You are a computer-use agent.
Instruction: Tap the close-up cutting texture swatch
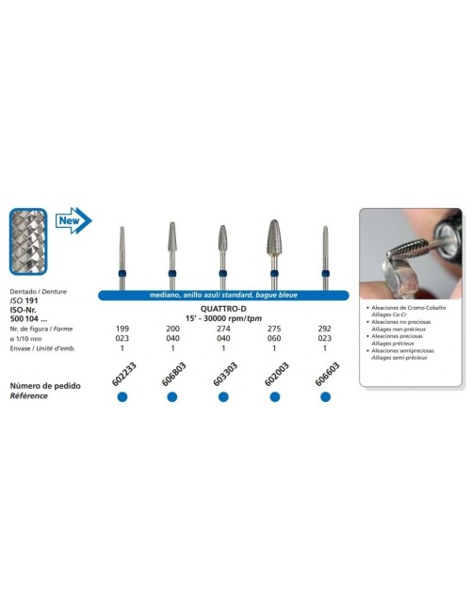(28, 244)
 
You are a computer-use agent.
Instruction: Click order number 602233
(120, 374)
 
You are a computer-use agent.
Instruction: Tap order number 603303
(222, 374)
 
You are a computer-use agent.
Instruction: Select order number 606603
(324, 374)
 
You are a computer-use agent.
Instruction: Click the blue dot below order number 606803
(172, 397)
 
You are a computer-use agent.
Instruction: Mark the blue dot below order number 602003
(274, 397)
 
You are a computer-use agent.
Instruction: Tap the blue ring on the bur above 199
(122, 274)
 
